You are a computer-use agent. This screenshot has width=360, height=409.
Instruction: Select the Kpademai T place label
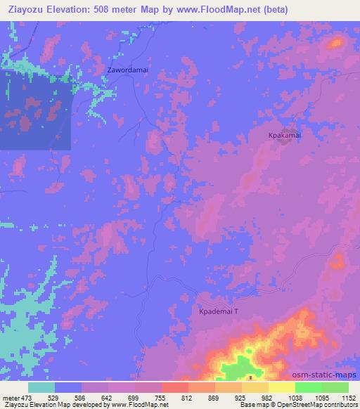coord(219,310)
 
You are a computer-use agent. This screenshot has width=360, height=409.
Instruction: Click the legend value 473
coord(25,398)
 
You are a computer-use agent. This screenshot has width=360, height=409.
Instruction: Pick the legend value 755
coord(160,398)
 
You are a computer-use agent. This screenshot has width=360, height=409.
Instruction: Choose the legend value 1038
coord(294,398)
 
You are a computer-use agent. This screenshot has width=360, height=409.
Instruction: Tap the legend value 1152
coord(347,398)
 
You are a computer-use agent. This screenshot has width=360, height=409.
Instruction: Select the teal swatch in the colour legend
coord(41,387)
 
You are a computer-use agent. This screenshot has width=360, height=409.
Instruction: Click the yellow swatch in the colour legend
coord(282,387)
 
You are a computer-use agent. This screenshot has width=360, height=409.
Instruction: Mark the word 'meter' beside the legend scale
coord(9,398)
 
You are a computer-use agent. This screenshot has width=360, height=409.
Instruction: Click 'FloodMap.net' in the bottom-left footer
coord(119,405)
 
